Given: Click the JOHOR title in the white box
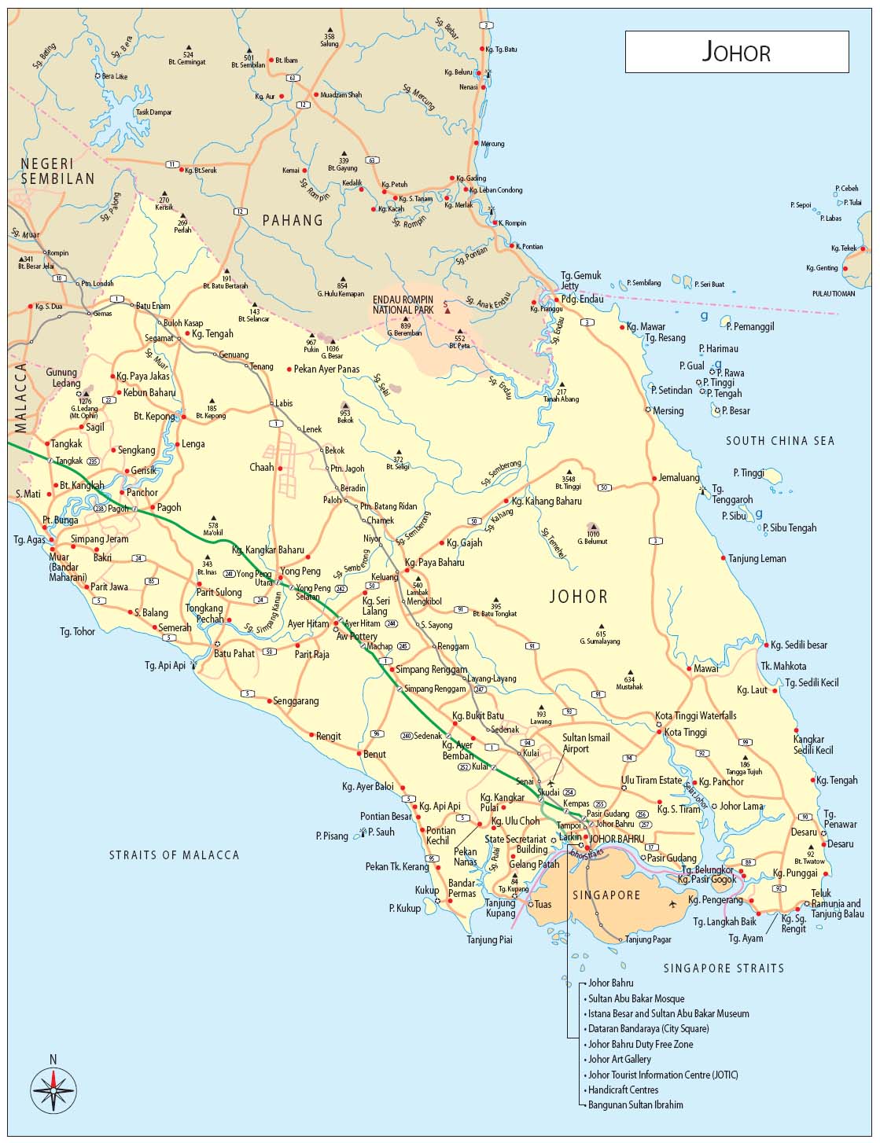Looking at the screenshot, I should point(736,52).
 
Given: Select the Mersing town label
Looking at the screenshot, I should point(668,410).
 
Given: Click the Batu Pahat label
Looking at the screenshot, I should point(234,653).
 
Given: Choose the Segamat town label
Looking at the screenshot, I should point(159,338).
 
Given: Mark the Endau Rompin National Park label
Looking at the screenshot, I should point(403,305).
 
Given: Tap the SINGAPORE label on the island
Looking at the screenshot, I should point(606,895).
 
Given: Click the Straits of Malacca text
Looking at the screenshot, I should point(174,854).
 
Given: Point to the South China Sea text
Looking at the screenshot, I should point(779,441).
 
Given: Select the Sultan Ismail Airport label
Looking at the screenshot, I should point(586,743).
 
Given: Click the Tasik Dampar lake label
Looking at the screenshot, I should point(153,112).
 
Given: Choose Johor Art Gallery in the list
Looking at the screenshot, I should point(620,1059).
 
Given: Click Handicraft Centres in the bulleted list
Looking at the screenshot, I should point(623,1090).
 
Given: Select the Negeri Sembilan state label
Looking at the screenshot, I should point(57,171).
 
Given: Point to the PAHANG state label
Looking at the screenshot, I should point(293,220).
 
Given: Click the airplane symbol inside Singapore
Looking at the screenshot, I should point(672,904).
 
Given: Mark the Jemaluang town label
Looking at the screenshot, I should point(679,478).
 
